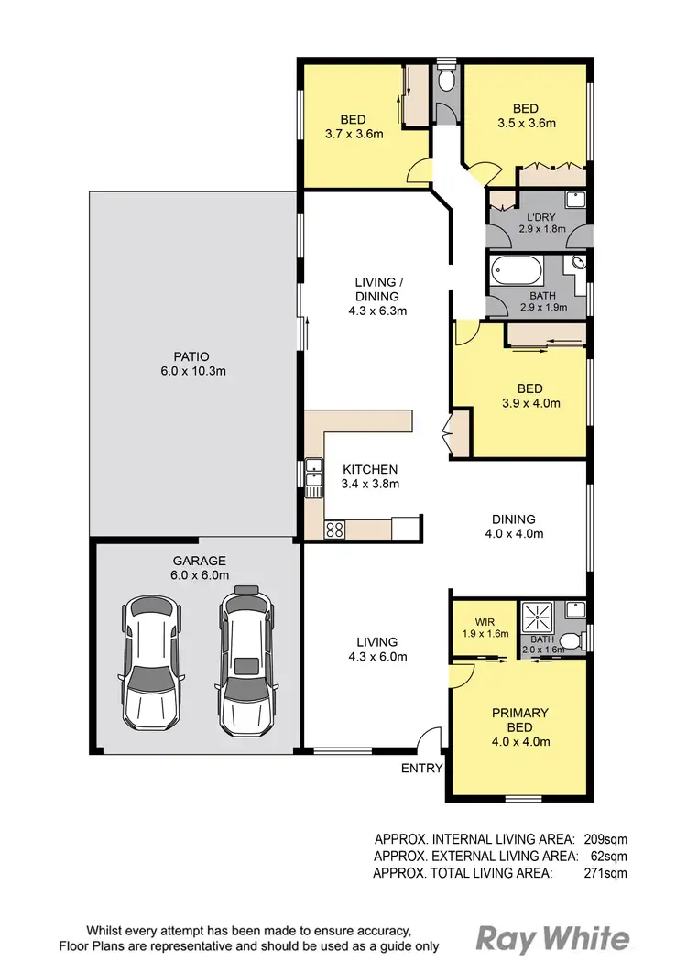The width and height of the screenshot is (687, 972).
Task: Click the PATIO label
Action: tap(193, 364)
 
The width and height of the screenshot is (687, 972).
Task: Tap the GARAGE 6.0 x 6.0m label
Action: tap(199, 568)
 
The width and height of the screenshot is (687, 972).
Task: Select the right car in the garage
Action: tap(245, 658)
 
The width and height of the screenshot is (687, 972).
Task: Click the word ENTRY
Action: tap(421, 769)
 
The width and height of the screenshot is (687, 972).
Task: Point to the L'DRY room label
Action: tap(536, 223)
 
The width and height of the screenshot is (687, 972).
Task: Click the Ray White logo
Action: tap(552, 939)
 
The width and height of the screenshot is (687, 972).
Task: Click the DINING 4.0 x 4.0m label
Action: tap(513, 526)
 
